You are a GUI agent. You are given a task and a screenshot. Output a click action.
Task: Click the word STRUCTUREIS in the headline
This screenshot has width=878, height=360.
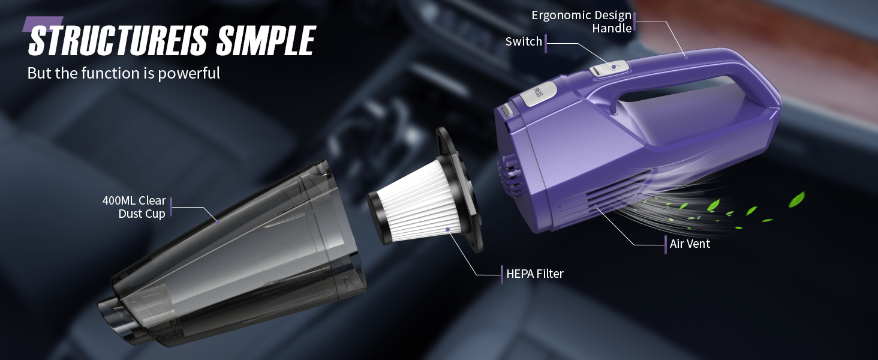click(x=118, y=40)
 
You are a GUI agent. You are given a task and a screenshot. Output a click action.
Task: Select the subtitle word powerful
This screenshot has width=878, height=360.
click(x=189, y=74)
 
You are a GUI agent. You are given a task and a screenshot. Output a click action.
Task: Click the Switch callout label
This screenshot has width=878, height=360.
click(x=524, y=41)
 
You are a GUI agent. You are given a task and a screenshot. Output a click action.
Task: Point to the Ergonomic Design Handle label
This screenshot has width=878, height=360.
click(x=581, y=22)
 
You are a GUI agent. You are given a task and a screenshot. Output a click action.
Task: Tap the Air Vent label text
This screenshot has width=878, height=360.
click(x=690, y=244)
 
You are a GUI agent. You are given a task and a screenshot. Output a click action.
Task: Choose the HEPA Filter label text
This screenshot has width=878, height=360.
click(x=534, y=274)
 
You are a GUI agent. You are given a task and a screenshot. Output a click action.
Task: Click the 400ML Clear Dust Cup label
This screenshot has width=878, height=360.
click(x=134, y=207)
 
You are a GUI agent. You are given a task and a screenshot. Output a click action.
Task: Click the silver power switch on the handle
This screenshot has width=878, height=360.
click(x=609, y=68)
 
